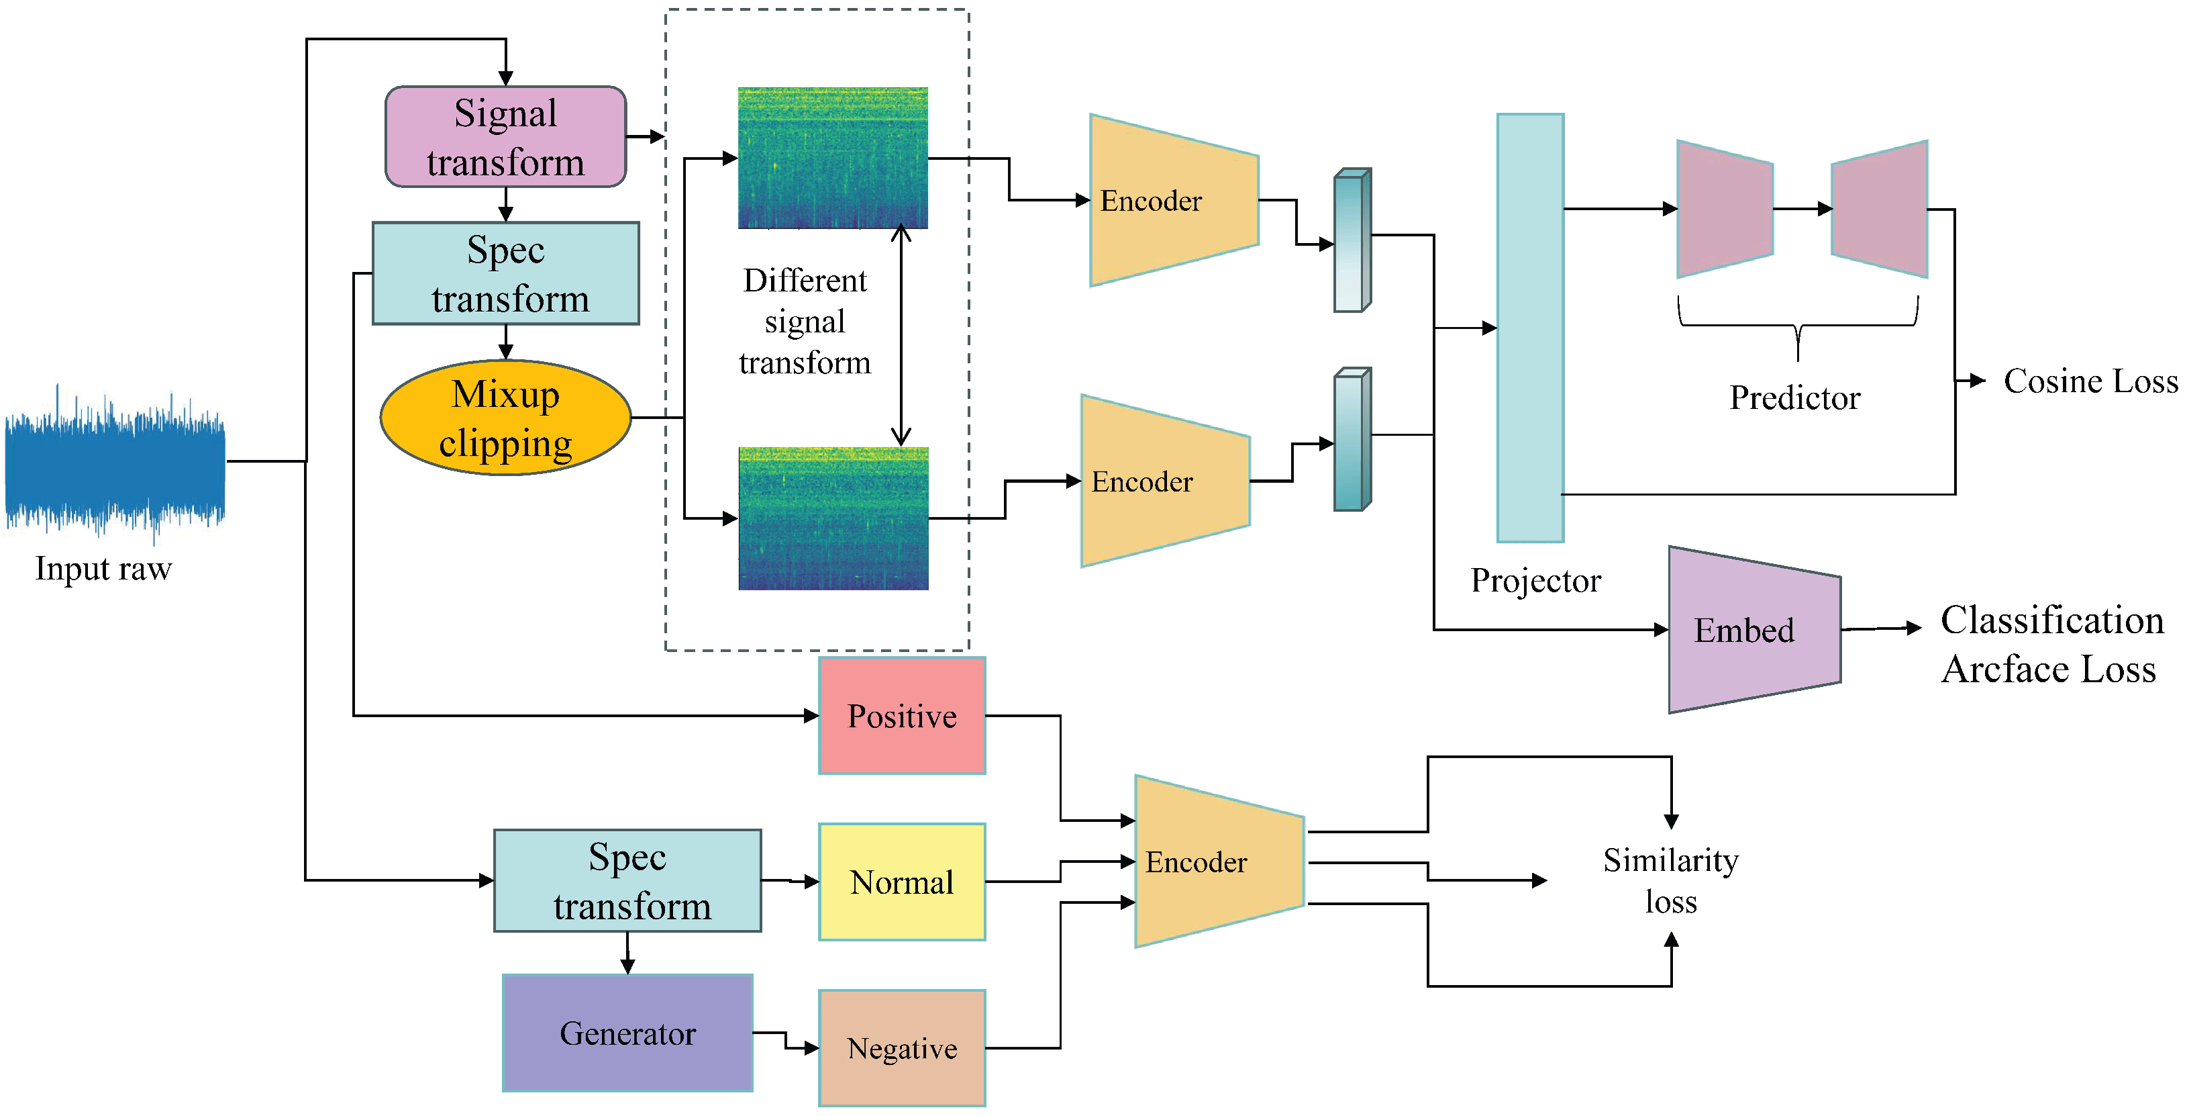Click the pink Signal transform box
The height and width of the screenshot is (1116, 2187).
coord(506,137)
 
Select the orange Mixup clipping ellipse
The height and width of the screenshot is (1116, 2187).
coord(506,418)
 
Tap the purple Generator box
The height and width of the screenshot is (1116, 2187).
coord(627,1033)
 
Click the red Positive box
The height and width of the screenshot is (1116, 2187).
coord(902,716)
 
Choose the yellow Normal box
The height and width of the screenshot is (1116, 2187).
coord(902,882)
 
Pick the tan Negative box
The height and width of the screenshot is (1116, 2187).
coord(902,1048)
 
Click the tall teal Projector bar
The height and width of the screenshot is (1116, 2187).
coord(1530,328)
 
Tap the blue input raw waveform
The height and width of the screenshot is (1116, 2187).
coord(115,463)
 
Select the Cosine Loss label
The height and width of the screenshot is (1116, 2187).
coord(2091,381)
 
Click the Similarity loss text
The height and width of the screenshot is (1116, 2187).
coord(1671,881)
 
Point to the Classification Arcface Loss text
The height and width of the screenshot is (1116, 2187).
coord(2052,645)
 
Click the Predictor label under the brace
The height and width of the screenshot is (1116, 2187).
coord(1795,398)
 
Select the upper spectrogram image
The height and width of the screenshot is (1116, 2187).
coord(833,158)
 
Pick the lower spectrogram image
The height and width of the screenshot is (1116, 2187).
coord(833,518)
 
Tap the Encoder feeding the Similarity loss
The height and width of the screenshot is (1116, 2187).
coord(1219,862)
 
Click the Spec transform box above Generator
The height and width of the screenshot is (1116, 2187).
coord(627,881)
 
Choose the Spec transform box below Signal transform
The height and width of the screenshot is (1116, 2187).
coord(506,273)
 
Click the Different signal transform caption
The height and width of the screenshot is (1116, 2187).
coord(805,321)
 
